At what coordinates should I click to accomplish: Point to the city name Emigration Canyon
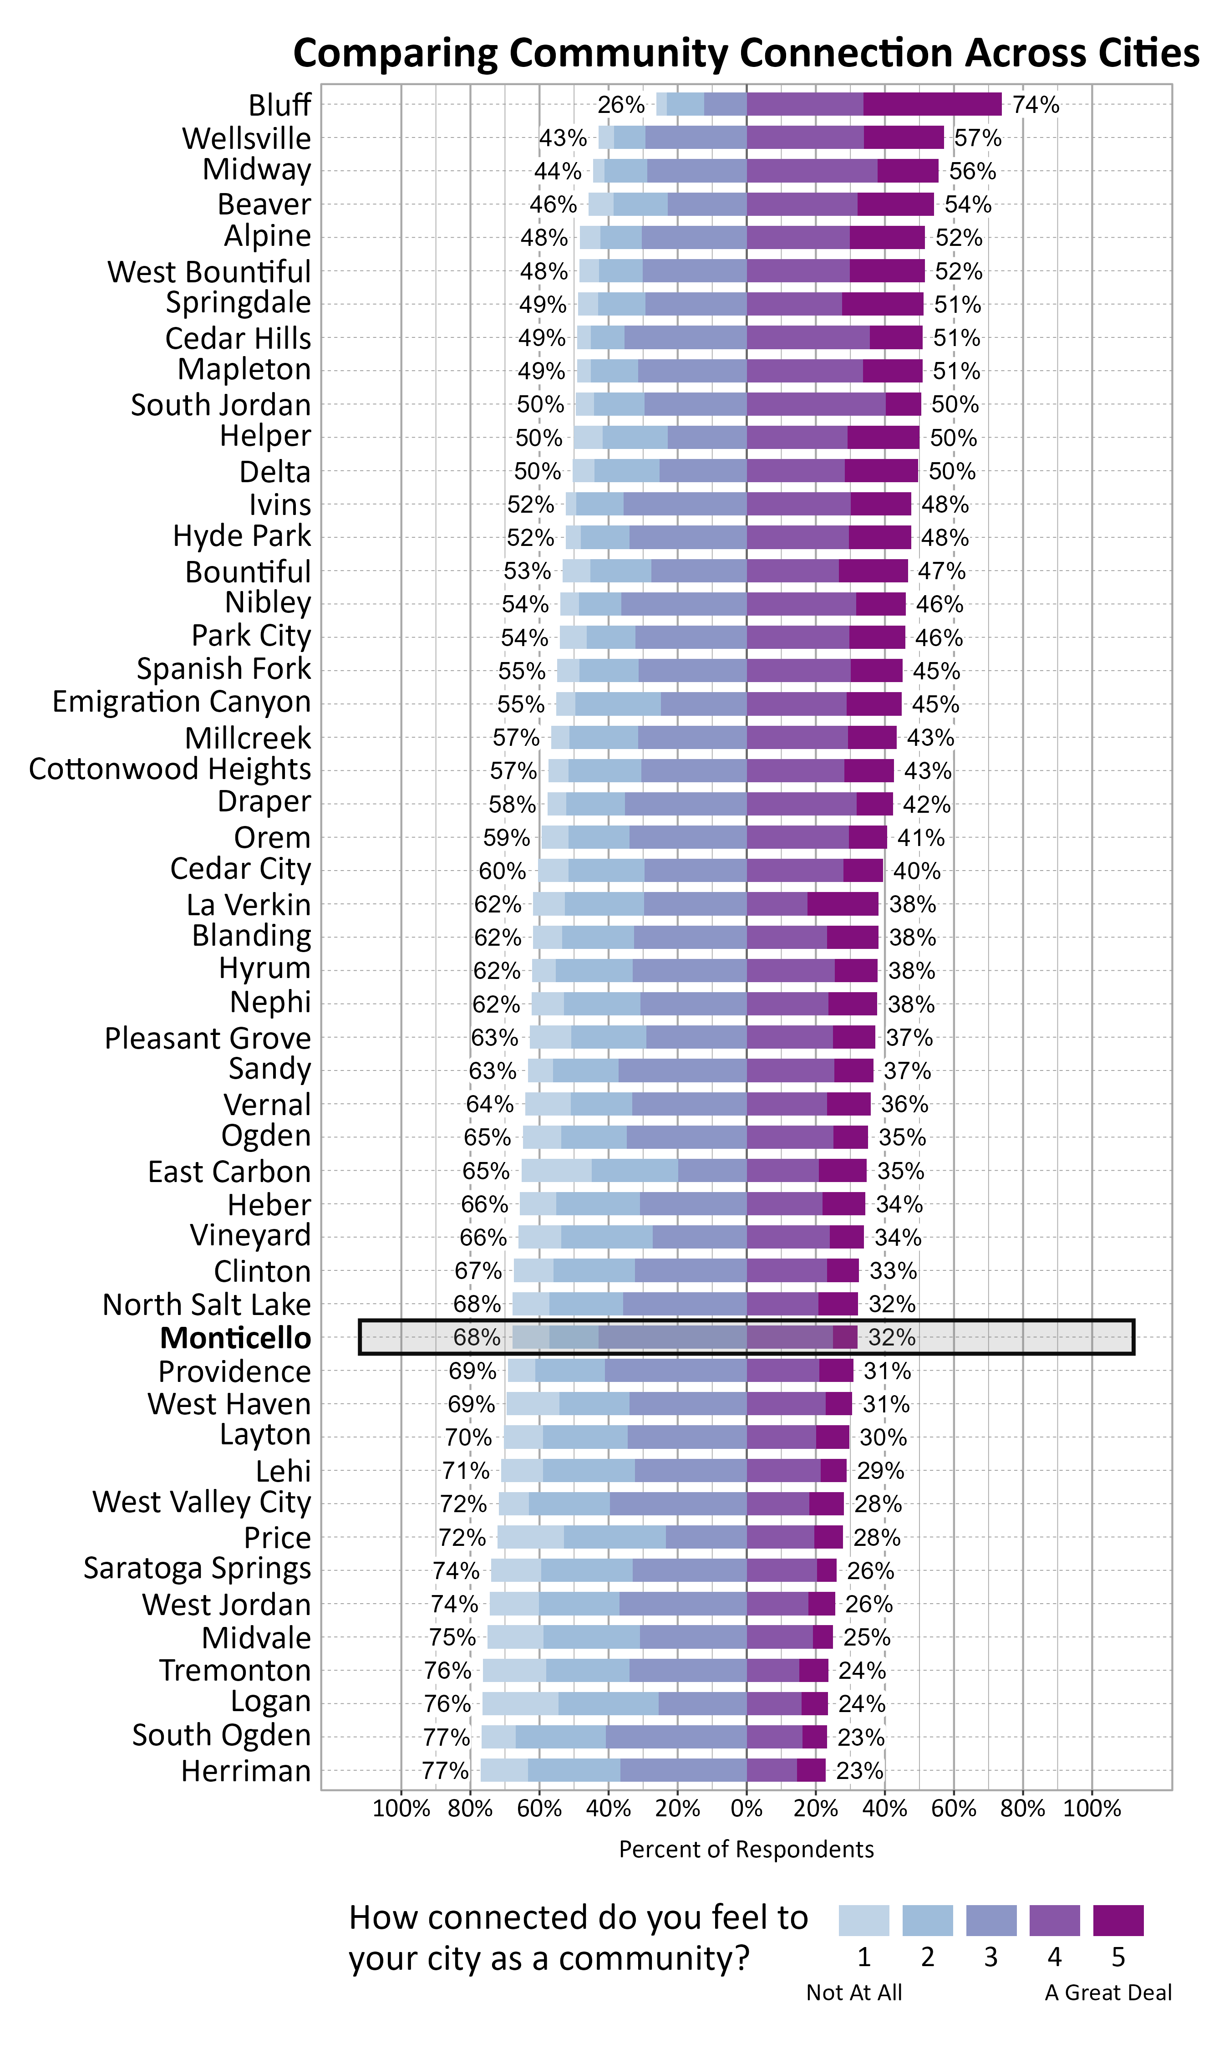coord(181,702)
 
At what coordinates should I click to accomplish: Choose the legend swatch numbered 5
coord(1118,1920)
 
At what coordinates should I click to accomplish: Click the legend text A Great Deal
coord(1108,1993)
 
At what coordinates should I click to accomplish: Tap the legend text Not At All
coord(854,1993)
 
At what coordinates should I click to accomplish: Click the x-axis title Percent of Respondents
coord(746,1850)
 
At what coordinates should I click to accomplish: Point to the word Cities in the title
coord(1149,53)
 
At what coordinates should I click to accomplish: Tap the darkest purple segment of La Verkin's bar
coord(843,904)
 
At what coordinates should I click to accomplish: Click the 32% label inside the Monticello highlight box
coord(892,1338)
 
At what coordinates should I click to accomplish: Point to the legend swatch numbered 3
coord(990,1920)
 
